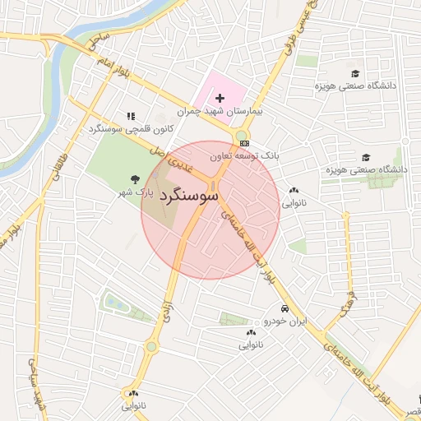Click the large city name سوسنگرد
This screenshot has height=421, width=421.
click(x=190, y=197)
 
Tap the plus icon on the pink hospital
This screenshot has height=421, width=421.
click(x=220, y=99)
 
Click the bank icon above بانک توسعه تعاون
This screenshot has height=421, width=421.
click(x=244, y=143)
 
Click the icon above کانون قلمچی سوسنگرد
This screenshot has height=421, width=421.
click(x=130, y=117)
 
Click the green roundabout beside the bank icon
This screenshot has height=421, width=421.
click(x=241, y=136)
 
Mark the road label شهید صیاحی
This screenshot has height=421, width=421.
click(x=35, y=386)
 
